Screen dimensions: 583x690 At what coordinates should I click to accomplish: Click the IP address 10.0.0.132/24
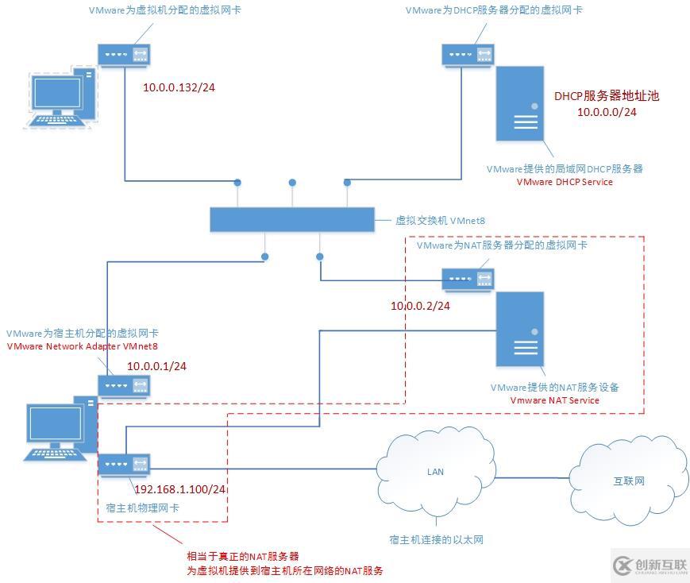tap(179, 87)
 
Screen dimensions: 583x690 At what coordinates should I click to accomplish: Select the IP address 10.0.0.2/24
tap(420, 306)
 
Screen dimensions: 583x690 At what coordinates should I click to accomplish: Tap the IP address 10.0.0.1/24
tap(156, 366)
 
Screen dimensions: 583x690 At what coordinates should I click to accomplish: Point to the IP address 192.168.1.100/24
tap(180, 489)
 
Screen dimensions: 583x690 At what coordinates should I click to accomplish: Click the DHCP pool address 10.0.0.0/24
tap(607, 112)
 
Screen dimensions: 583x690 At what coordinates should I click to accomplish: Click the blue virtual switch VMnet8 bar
tap(291, 220)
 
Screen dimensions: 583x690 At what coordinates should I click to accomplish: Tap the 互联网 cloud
tap(628, 481)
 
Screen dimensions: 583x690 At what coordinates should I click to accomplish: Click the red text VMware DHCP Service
tap(565, 182)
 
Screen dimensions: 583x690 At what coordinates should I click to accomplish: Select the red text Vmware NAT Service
tap(554, 400)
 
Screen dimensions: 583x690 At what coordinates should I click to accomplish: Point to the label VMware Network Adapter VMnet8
tap(82, 346)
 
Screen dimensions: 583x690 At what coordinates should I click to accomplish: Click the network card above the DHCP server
tap(467, 55)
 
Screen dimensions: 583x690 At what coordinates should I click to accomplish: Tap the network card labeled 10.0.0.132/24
tap(124, 55)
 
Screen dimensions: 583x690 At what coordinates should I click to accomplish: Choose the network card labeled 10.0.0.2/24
tap(467, 278)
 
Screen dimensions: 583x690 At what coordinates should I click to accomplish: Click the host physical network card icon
tap(124, 464)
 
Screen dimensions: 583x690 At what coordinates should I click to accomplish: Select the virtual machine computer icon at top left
tap(62, 97)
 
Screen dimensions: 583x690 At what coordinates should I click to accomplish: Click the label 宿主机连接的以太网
tap(436, 540)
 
